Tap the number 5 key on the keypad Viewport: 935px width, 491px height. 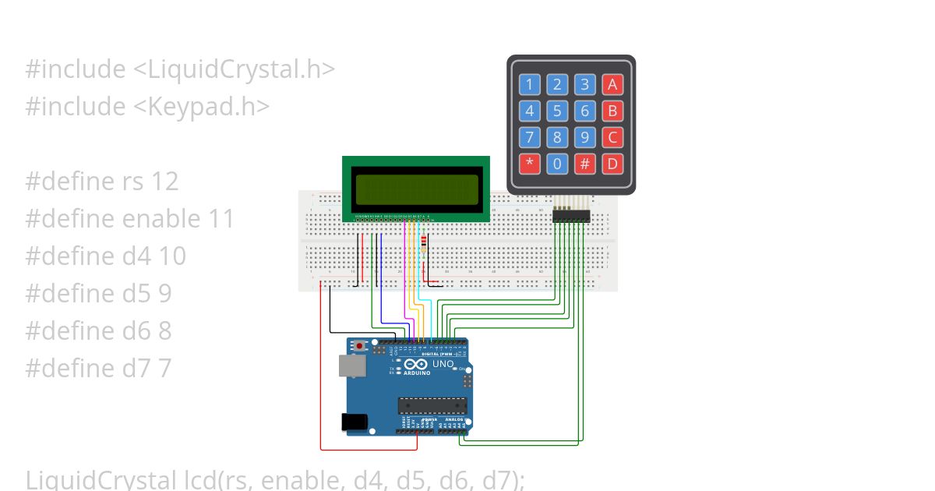557,111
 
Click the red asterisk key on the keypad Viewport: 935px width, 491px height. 530,164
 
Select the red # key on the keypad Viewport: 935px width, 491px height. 584,164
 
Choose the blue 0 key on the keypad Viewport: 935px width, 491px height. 557,164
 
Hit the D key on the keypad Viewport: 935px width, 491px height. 612,164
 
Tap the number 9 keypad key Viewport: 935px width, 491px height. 584,137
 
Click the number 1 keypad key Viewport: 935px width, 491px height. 530,84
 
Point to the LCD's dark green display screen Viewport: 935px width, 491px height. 416,190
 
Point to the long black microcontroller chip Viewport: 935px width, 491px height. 432,405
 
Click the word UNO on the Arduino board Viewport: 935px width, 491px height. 443,364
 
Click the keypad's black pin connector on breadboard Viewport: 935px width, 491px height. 571,217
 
